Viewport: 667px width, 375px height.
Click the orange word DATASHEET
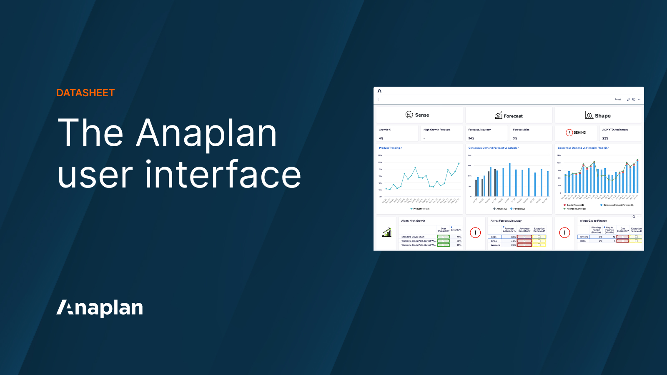pyautogui.click(x=85, y=93)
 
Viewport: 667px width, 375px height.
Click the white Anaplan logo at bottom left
pyautogui.click(x=100, y=308)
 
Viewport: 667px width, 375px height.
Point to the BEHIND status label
pyautogui.click(x=579, y=132)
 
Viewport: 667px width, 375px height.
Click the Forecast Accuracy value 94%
pyautogui.click(x=471, y=138)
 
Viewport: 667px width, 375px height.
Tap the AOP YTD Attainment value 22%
pyautogui.click(x=605, y=138)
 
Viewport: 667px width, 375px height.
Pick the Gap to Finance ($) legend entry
pyautogui.click(x=575, y=205)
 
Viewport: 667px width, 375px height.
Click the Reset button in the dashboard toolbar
pyautogui.click(x=618, y=100)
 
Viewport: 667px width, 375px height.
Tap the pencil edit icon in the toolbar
pyautogui.click(x=628, y=100)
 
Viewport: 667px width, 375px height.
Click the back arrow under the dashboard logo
pyautogui.click(x=379, y=100)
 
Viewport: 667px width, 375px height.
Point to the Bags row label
pyautogui.click(x=494, y=237)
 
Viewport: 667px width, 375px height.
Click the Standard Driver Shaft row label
pyautogui.click(x=413, y=237)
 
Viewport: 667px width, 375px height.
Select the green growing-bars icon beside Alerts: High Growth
pyautogui.click(x=387, y=232)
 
